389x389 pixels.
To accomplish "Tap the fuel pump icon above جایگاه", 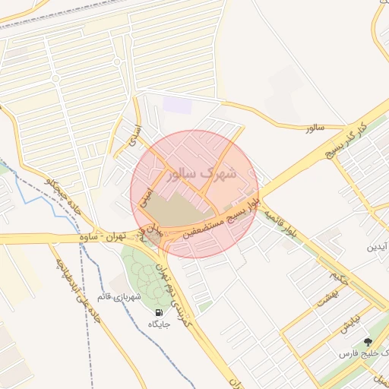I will pos(159,312).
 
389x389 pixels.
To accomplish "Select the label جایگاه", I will pos(159,324).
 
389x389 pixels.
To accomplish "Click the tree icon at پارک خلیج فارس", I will pos(368,343).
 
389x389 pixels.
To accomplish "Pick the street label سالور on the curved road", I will pos(315,128).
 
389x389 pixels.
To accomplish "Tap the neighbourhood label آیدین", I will pos(378,248).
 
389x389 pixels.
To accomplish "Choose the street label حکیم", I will pos(335,277).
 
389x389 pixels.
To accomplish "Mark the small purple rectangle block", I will pos(178,105).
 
